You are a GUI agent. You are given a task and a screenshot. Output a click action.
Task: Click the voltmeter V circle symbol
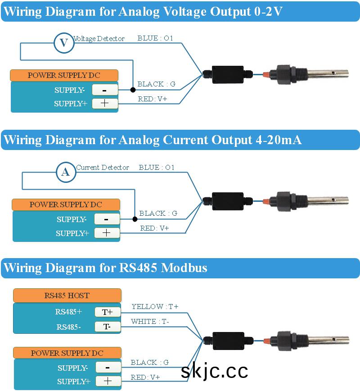pos(64,43)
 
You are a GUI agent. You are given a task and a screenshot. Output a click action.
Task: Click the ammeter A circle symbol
pos(66,172)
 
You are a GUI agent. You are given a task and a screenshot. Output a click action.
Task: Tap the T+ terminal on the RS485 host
pos(107,312)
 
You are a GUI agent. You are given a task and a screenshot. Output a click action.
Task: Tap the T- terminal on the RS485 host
pos(107,327)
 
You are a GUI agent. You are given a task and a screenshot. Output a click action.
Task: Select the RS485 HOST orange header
pos(67,296)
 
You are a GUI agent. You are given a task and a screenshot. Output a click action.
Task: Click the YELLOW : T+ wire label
pos(155,307)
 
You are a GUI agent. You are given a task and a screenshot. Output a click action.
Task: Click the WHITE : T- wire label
pos(150,322)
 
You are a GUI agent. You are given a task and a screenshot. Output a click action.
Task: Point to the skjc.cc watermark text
pos(215,371)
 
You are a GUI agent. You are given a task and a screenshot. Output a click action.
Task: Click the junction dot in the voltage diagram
pos(133,90)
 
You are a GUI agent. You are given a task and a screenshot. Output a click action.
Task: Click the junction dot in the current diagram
pos(135,219)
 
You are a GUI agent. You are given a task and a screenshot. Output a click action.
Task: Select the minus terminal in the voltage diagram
pos(105,90)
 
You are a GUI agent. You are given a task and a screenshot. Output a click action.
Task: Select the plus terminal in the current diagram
pos(107,233)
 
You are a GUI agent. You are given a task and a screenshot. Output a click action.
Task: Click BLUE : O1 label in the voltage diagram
pos(156,39)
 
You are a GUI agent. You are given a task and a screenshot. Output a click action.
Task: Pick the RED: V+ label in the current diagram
pos(155,228)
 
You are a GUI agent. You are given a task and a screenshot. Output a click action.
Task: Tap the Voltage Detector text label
pos(99,39)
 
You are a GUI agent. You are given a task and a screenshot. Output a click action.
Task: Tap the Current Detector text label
pos(103,168)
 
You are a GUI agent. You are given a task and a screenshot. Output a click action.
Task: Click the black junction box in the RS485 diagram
pos(228,341)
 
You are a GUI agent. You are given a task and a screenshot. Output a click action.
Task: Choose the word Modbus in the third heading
pos(184,268)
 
